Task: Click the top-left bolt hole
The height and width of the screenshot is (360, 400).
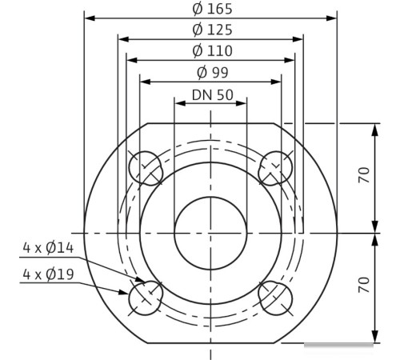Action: [145, 166]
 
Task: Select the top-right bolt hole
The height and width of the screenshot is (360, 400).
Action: [276, 166]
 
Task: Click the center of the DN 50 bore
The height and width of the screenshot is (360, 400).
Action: [210, 232]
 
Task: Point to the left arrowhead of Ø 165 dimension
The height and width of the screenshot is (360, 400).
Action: [89, 18]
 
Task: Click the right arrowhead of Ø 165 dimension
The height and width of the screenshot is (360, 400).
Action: [332, 18]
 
